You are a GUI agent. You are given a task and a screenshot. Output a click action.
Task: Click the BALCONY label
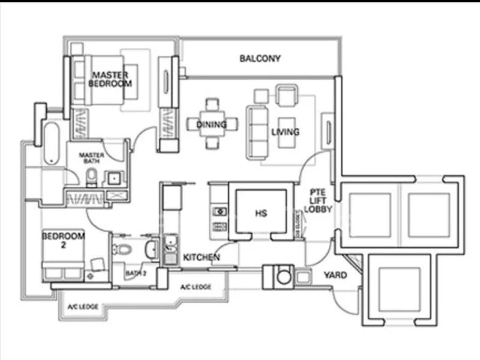tap(260, 59)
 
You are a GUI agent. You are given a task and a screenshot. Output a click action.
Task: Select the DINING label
tap(211, 125)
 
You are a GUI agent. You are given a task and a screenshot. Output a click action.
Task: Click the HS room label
tap(260, 213)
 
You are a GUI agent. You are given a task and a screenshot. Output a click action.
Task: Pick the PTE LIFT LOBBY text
tap(318, 201)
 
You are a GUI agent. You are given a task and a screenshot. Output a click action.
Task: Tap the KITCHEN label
tap(201, 257)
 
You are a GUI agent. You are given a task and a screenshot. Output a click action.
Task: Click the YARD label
tap(336, 275)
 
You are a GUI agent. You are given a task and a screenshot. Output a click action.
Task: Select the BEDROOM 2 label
tap(63, 241)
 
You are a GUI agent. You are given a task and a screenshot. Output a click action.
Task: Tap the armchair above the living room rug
tap(286, 95)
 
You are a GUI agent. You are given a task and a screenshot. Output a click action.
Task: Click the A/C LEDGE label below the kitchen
tap(196, 287)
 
